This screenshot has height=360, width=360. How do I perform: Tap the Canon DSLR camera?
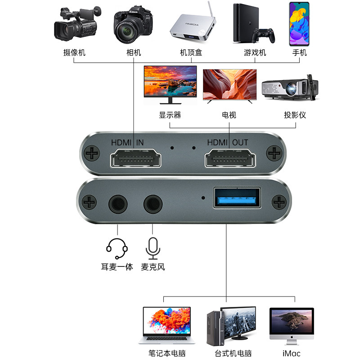point(133,25)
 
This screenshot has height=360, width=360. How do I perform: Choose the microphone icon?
point(153,247)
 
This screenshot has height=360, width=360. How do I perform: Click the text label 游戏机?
point(255,53)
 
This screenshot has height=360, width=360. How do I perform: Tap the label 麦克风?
point(153,267)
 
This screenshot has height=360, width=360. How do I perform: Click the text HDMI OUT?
point(227,142)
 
